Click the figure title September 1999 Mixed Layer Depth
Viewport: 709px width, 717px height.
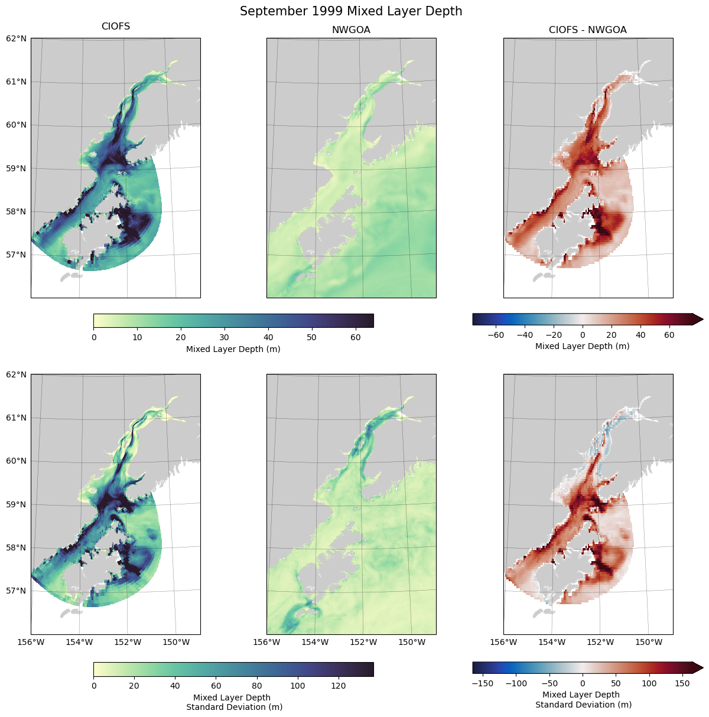351,11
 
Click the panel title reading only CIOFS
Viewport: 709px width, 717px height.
116,27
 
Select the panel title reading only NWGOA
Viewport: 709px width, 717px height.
351,30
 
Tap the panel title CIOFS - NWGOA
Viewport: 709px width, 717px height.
587,30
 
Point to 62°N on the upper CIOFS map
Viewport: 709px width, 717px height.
16,38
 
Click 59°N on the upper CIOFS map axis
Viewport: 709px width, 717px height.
16,168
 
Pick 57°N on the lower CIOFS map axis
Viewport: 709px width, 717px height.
16,591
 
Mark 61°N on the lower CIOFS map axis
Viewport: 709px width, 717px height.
16,418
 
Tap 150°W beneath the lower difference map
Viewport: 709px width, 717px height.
648,642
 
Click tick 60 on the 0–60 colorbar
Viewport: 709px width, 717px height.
355,337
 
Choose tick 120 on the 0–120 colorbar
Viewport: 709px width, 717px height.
339,686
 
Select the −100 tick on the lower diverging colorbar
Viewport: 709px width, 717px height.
516,683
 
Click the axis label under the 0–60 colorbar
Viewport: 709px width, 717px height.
233,349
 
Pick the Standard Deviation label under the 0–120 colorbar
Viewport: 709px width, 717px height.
234,706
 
